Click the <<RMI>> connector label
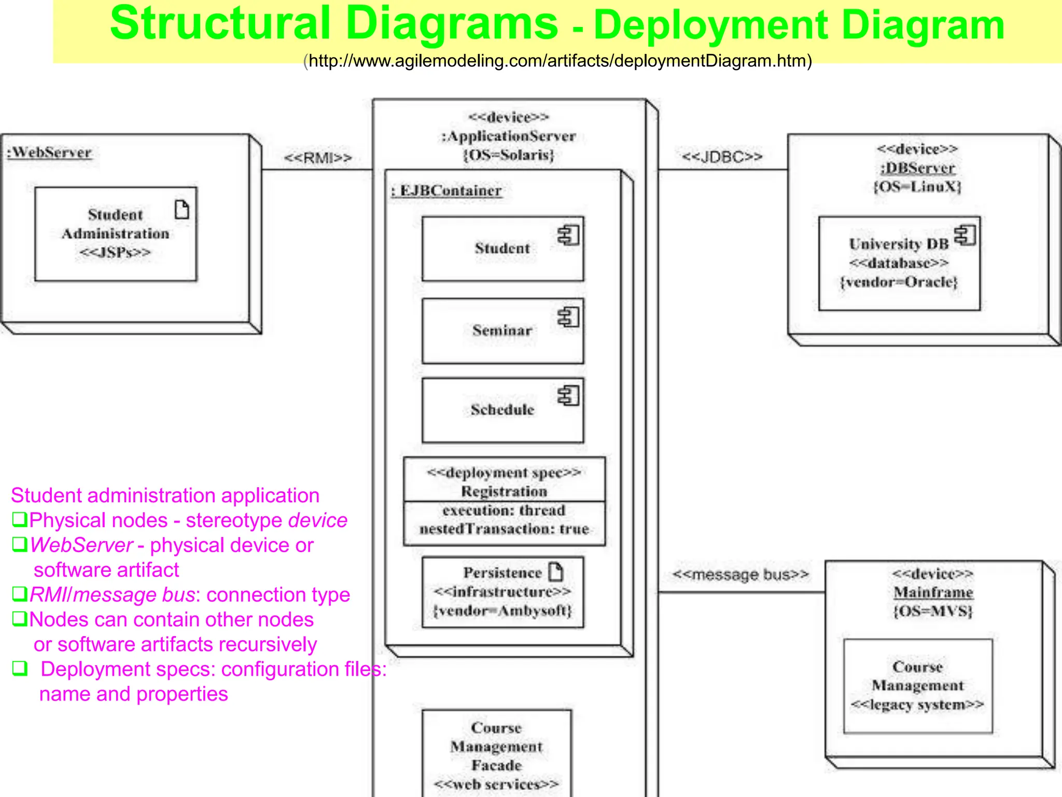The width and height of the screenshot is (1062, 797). [318, 158]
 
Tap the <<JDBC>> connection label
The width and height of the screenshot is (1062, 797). [722, 157]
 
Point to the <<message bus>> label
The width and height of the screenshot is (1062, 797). [740, 574]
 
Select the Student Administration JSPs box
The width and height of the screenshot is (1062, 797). [116, 234]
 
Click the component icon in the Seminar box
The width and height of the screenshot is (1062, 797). [568, 317]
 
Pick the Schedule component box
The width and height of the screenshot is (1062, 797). [502, 410]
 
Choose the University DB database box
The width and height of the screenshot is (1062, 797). [899, 264]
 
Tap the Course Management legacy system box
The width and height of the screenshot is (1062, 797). [918, 686]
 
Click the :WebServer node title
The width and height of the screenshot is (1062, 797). [49, 153]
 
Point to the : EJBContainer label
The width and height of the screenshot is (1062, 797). [446, 191]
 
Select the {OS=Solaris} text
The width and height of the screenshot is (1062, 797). [509, 155]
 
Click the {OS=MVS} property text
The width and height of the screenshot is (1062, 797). [933, 611]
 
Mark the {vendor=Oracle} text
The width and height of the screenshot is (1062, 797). [899, 282]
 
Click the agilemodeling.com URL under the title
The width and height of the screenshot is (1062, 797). [557, 61]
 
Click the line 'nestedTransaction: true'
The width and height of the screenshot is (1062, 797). [504, 529]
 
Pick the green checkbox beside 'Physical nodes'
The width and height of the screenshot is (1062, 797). [20, 519]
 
